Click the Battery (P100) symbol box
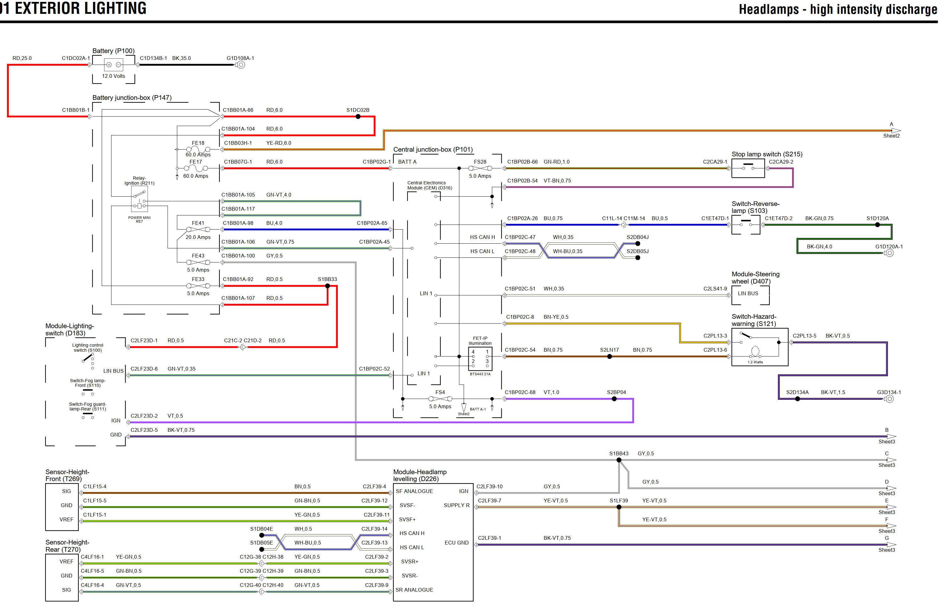(x=113, y=65)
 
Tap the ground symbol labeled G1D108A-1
(x=241, y=65)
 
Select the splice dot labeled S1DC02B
(x=358, y=117)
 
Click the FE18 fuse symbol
(x=198, y=149)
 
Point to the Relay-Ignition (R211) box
(x=139, y=199)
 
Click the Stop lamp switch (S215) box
(x=747, y=168)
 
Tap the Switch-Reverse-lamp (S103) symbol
(x=746, y=225)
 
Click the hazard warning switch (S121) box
(x=759, y=347)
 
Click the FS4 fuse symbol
(x=440, y=399)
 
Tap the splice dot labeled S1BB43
(x=619, y=460)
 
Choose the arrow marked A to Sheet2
(x=896, y=130)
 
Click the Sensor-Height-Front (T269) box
(x=62, y=507)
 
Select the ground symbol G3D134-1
(x=889, y=399)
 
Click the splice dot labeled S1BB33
(x=327, y=286)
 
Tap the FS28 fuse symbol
(x=480, y=168)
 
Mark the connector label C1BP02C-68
(x=520, y=392)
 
